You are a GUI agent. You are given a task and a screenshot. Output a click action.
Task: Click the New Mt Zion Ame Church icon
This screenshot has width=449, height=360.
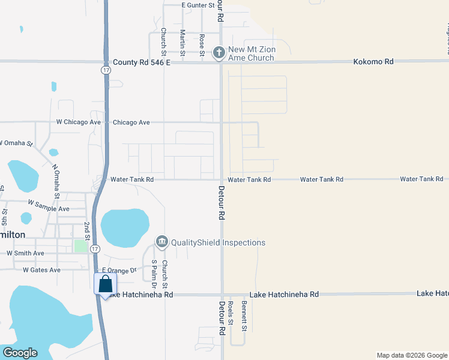(x=219, y=52)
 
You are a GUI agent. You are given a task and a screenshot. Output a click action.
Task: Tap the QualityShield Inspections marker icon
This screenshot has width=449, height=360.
(x=161, y=242)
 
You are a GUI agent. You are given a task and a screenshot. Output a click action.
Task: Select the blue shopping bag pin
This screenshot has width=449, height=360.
(x=105, y=285)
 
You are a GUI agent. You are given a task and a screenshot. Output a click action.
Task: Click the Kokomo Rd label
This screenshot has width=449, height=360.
(x=373, y=62)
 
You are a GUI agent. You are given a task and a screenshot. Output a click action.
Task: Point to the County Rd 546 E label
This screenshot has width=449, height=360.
(x=142, y=62)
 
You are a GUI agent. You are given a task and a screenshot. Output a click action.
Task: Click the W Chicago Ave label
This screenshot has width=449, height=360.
(x=79, y=122)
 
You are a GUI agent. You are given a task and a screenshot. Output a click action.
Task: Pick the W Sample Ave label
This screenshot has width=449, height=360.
(x=47, y=209)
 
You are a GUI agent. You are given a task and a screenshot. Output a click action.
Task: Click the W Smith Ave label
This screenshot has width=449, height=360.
(x=25, y=253)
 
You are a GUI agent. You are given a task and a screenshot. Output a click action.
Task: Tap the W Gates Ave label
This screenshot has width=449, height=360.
(x=41, y=270)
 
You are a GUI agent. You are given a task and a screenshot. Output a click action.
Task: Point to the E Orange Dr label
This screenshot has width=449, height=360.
(x=115, y=271)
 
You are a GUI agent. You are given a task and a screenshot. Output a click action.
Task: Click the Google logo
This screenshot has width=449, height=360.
(x=20, y=353)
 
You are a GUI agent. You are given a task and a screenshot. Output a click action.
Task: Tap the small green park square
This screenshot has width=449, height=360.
(x=79, y=245)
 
